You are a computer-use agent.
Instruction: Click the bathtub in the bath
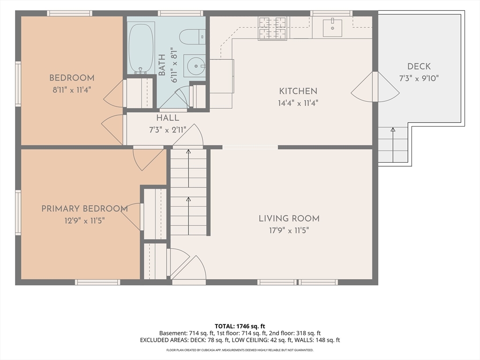[141, 48]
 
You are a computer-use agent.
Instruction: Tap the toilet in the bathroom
[192, 37]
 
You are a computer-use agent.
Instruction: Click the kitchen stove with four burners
[273, 29]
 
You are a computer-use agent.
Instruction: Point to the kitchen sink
[332, 28]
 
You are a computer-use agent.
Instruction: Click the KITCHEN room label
[298, 91]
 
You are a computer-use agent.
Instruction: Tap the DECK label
[419, 67]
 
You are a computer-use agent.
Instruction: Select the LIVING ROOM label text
[289, 218]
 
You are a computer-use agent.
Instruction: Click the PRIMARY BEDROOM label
[84, 209]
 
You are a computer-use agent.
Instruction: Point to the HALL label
[168, 118]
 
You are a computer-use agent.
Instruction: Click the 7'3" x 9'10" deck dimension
[419, 78]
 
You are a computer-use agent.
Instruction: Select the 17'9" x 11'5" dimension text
[289, 230]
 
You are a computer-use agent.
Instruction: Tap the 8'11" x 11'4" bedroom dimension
[72, 90]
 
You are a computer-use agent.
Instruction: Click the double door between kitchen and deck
[375, 87]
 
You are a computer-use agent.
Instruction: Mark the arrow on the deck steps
[393, 145]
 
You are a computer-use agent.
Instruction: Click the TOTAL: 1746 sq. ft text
[240, 326]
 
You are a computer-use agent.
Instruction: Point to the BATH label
[162, 65]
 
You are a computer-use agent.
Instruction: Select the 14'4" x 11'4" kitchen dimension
[298, 103]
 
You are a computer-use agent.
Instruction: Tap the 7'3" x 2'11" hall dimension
[168, 130]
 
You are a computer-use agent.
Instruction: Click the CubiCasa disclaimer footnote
[240, 350]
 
